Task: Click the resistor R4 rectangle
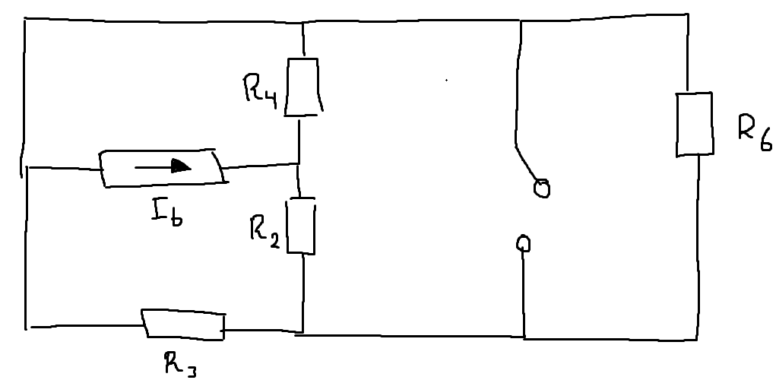(302, 85)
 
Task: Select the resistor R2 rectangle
(301, 226)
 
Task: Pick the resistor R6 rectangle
(695, 124)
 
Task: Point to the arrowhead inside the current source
(179, 166)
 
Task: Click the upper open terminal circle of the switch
(541, 188)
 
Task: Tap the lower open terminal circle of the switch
(523, 243)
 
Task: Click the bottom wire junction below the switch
(524, 337)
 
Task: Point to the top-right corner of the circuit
(688, 15)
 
